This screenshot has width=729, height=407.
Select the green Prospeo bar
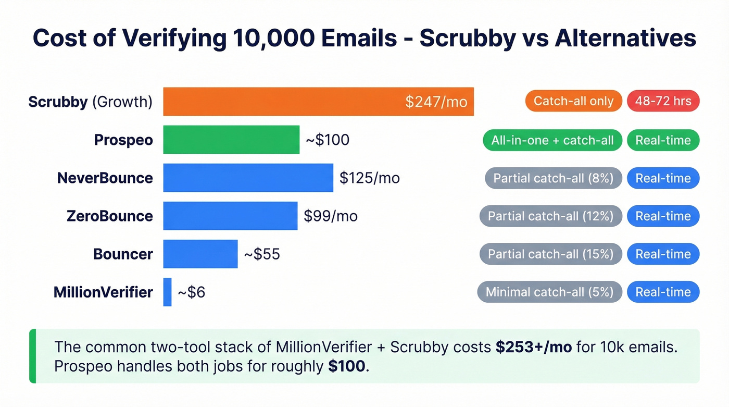(231, 140)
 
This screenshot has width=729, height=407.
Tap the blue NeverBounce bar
(248, 178)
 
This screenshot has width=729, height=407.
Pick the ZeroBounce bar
(230, 216)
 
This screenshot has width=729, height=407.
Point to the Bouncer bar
(200, 254)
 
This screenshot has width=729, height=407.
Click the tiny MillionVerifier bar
(167, 292)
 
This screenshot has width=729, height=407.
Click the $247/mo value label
(436, 101)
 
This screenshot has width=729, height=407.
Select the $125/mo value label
(369, 178)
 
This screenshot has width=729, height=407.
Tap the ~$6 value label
(191, 292)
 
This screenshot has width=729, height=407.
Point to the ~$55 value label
(262, 254)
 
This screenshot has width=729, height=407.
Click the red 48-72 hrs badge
(663, 101)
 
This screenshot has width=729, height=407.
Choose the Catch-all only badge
(574, 101)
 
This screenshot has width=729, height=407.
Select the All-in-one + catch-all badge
(552, 140)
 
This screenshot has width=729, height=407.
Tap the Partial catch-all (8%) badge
(553, 178)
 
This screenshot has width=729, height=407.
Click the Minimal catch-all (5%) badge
(549, 292)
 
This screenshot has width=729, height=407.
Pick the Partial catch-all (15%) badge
(550, 254)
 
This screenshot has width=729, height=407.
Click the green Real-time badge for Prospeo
(663, 140)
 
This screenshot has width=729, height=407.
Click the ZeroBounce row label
(110, 216)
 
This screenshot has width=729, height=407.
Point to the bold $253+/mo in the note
(533, 347)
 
